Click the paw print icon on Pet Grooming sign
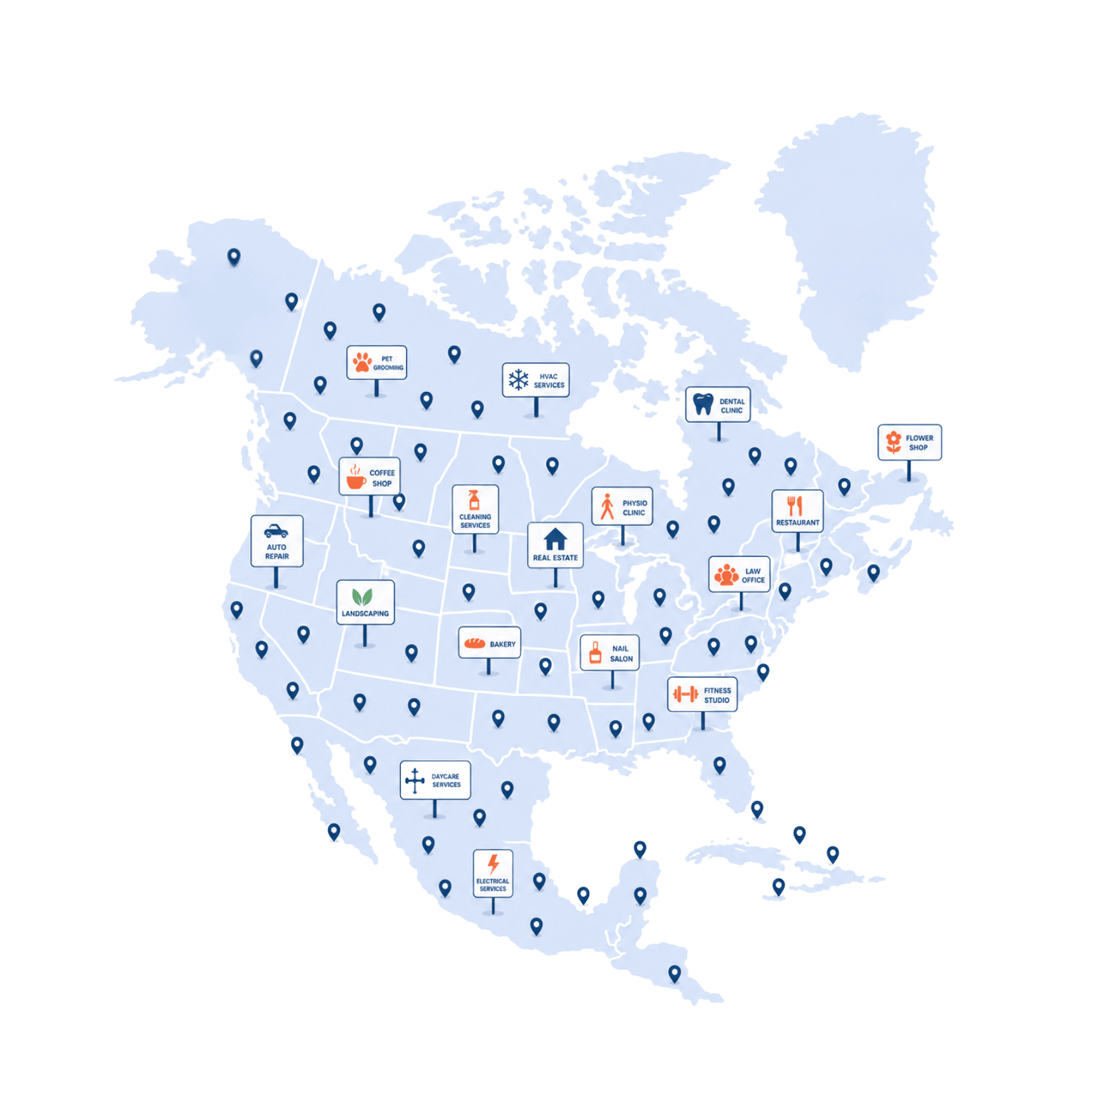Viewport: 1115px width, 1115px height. (362, 362)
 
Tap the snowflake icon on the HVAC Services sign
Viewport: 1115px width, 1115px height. (518, 380)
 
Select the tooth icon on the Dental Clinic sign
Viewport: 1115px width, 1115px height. (703, 404)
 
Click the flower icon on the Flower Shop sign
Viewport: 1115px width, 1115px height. (893, 442)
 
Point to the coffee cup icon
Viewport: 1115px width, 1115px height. (355, 478)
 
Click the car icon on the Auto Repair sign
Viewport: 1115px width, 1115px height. (276, 531)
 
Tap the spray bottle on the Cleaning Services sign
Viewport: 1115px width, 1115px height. (474, 500)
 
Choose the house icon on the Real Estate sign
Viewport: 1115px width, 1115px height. (555, 539)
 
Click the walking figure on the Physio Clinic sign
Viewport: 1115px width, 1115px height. (608, 506)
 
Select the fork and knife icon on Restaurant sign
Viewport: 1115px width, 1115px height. (795, 505)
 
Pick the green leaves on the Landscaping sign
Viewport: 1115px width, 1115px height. (362, 597)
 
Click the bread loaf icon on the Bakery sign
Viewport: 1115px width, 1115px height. (474, 643)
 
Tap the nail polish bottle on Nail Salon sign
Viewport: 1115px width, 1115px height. (595, 653)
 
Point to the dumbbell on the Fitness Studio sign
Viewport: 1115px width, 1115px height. (685, 694)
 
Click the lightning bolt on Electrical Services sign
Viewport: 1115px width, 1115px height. (493, 864)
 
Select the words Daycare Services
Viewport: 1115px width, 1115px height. (446, 780)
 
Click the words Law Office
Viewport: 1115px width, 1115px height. (753, 576)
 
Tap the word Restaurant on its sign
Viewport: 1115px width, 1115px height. (797, 522)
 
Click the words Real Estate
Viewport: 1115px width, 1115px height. (555, 557)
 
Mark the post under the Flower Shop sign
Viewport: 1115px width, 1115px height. (909, 470)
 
